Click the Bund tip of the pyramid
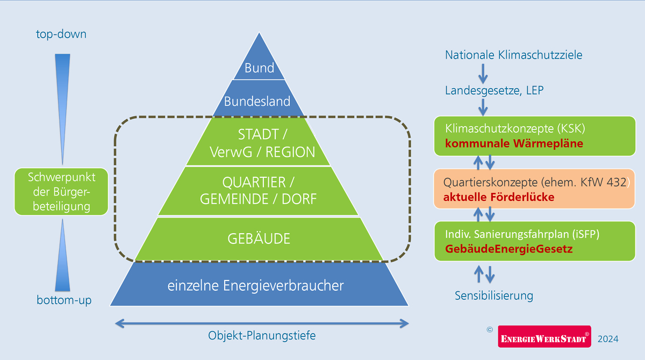[x=259, y=64]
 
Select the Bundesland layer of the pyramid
[x=257, y=101]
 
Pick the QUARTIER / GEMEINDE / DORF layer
[x=259, y=191]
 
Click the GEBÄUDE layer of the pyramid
[x=259, y=239]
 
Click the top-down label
[x=61, y=34]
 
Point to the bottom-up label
[x=64, y=300]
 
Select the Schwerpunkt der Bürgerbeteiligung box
[x=61, y=192]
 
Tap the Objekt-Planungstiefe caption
[x=262, y=336]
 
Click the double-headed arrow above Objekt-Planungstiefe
[x=262, y=323]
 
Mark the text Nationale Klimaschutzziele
[x=513, y=55]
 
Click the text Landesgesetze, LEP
[x=494, y=91]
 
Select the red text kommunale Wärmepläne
[x=514, y=144]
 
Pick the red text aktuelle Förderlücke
[x=498, y=197]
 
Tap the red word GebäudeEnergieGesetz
[x=508, y=249]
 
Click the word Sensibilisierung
[x=494, y=296]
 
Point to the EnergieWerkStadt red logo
[x=544, y=337]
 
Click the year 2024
[x=608, y=339]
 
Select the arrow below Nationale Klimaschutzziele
[x=483, y=73]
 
